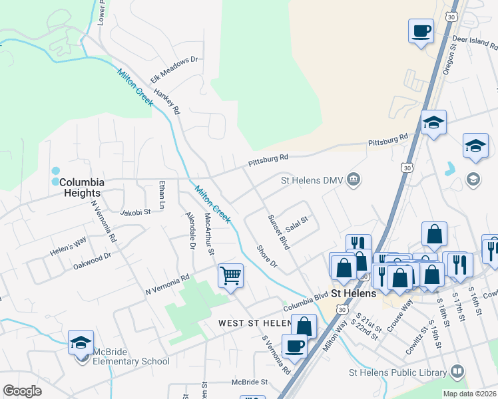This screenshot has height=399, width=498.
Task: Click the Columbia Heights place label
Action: pyautogui.click(x=82, y=188)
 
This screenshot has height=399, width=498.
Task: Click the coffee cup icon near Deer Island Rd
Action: pyautogui.click(x=421, y=31)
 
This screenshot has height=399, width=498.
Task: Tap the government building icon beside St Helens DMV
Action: pyautogui.click(x=354, y=179)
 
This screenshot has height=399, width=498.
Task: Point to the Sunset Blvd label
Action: pyautogui.click(x=278, y=231)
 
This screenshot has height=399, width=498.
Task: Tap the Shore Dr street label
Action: pyautogui.click(x=267, y=257)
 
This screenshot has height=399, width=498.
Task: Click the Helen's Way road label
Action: pyautogui.click(x=68, y=244)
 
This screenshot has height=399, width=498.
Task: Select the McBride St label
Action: pyautogui.click(x=249, y=382)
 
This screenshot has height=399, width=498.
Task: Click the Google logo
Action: pyautogui.click(x=23, y=390)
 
